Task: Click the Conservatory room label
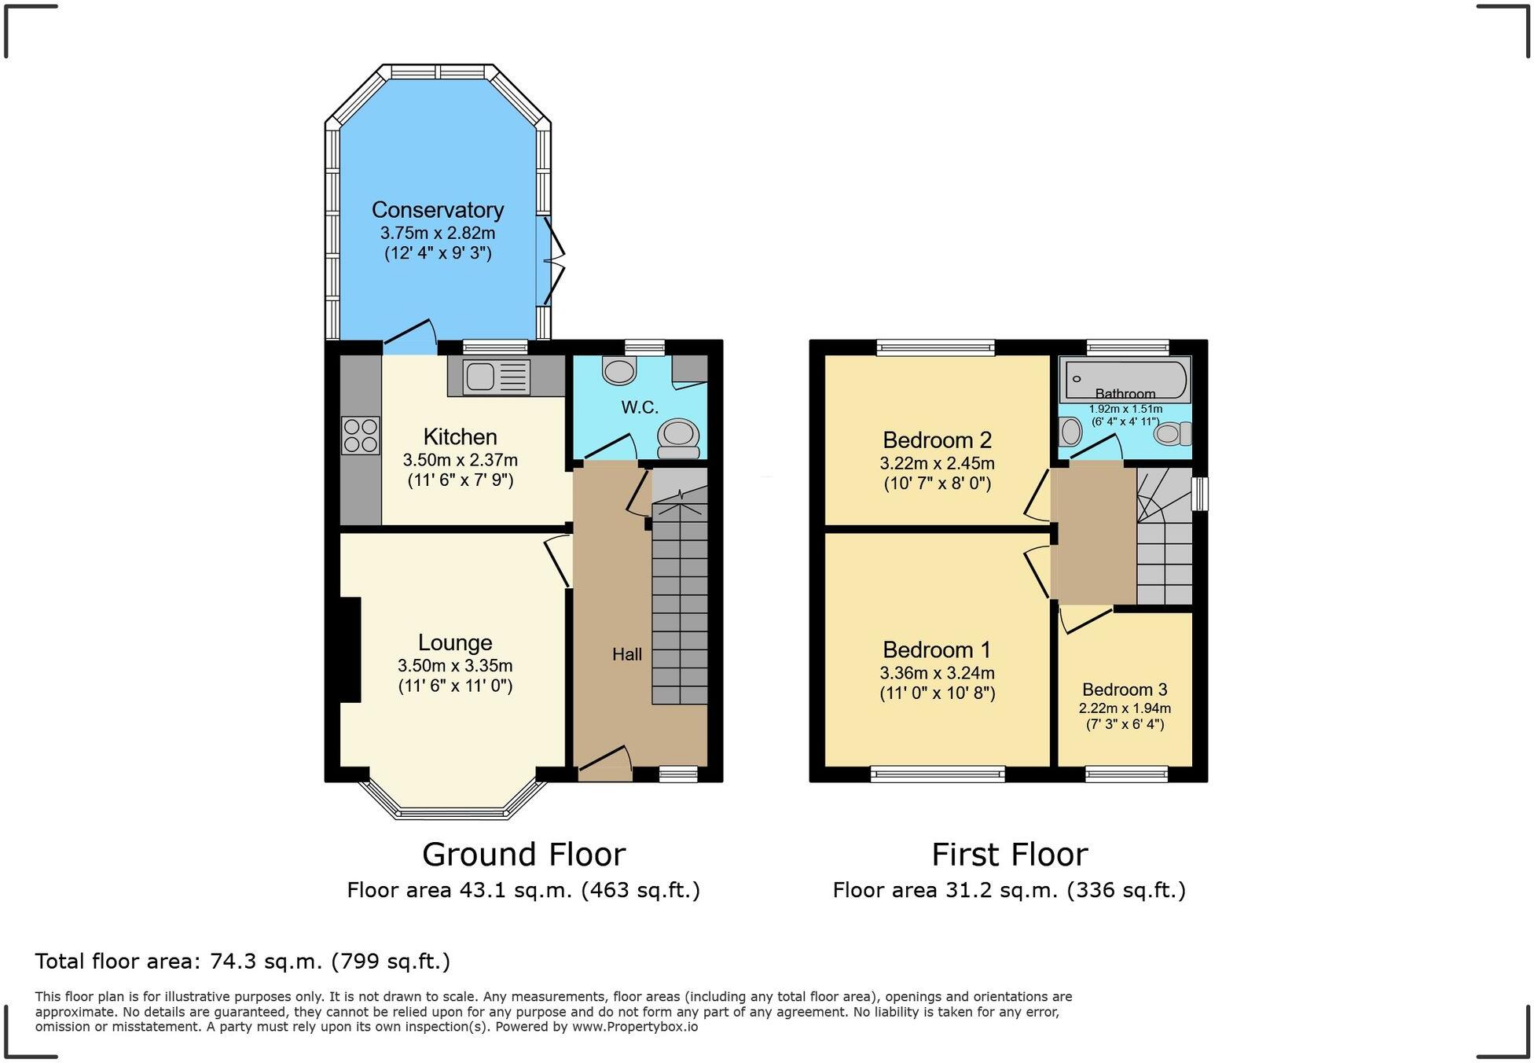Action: pyautogui.click(x=438, y=210)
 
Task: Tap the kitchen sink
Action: pyautogui.click(x=497, y=377)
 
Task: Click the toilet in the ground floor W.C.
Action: pyautogui.click(x=678, y=438)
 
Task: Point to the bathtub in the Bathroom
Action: pyautogui.click(x=1125, y=381)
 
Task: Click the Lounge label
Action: pyautogui.click(x=455, y=643)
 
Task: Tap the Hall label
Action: pyautogui.click(x=627, y=654)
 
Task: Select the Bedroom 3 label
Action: pyautogui.click(x=1125, y=690)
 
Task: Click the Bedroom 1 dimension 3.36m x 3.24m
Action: pyautogui.click(x=938, y=673)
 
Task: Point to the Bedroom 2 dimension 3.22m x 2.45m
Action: pyautogui.click(x=938, y=463)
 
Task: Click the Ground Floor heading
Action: pyautogui.click(x=524, y=854)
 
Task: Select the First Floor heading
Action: pyautogui.click(x=1010, y=854)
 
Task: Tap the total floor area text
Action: pyautogui.click(x=243, y=961)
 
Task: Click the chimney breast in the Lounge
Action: pyautogui.click(x=350, y=649)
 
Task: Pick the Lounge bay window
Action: pyautogui.click(x=453, y=800)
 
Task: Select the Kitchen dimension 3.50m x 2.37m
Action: pyautogui.click(x=461, y=460)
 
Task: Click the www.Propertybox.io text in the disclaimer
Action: pyautogui.click(x=635, y=1026)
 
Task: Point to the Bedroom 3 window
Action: pyautogui.click(x=1126, y=774)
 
